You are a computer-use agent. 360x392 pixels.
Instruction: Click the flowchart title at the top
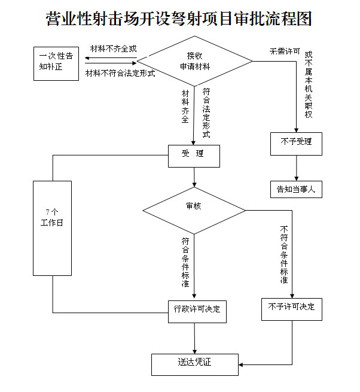tap(179, 19)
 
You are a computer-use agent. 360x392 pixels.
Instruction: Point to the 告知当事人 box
tap(296, 189)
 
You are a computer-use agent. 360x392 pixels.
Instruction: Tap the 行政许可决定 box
tap(197, 310)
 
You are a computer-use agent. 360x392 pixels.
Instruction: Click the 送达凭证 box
tap(195, 363)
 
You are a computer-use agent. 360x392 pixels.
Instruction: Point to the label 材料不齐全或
tap(113, 48)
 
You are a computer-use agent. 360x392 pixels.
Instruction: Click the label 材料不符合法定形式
tap(120, 74)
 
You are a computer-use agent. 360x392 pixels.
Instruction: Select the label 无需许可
tap(284, 52)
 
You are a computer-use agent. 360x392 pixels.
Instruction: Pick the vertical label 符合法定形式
tap(206, 113)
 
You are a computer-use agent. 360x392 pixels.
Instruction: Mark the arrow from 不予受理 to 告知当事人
tap(296, 168)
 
